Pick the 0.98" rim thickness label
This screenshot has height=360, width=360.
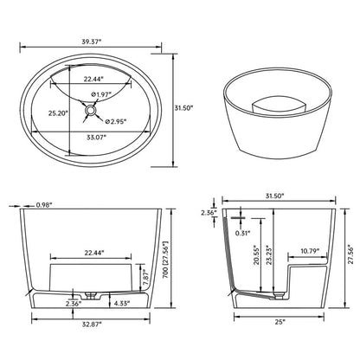tap(41, 205)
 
